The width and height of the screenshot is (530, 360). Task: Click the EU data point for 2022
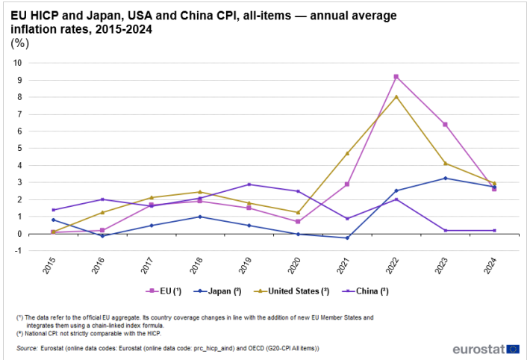tap(396, 77)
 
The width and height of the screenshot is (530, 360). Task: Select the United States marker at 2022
tap(396, 97)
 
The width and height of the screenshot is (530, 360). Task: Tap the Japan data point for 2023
tap(445, 179)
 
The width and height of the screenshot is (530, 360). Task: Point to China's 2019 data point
tap(249, 184)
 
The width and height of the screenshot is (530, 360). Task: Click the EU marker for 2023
tap(445, 125)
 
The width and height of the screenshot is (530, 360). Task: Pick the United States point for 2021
tap(347, 153)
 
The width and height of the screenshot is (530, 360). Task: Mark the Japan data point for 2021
tap(347, 238)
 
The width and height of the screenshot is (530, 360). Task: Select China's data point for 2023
tap(445, 230)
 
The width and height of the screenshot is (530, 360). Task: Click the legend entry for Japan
tap(217, 291)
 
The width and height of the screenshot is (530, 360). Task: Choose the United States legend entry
tap(291, 291)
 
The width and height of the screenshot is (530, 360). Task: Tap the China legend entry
tap(365, 291)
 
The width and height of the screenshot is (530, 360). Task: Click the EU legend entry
tap(163, 291)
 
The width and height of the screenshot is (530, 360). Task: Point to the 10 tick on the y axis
tap(17, 63)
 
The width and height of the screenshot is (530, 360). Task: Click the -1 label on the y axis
tap(18, 251)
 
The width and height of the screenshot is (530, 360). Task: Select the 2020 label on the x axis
tap(294, 265)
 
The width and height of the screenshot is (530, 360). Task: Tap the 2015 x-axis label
tap(49, 265)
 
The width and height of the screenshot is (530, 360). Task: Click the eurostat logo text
tap(479, 350)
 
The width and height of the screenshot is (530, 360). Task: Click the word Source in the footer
tap(27, 348)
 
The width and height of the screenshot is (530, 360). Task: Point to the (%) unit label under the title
tap(20, 43)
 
